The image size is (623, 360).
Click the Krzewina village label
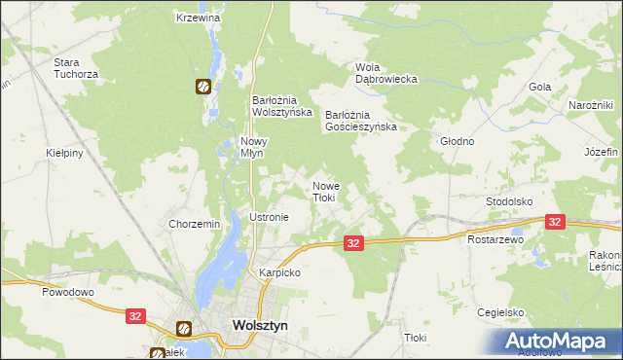click(199, 18)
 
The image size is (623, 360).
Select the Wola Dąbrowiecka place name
click(386, 73)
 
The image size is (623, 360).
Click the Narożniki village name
click(590, 105)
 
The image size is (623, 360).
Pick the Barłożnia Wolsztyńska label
click(282, 105)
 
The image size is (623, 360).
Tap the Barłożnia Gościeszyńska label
click(361, 120)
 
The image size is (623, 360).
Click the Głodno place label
click(457, 141)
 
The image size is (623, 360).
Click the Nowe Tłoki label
click(325, 191)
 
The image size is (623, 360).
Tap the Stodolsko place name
click(509, 201)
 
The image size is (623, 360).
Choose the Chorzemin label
click(195, 224)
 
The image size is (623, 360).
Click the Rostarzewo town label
click(495, 238)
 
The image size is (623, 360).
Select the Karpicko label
click(279, 273)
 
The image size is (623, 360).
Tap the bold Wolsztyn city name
click(260, 328)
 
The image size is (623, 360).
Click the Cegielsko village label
click(501, 312)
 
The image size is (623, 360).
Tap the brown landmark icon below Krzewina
click(202, 87)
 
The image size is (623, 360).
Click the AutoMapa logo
click(559, 340)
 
